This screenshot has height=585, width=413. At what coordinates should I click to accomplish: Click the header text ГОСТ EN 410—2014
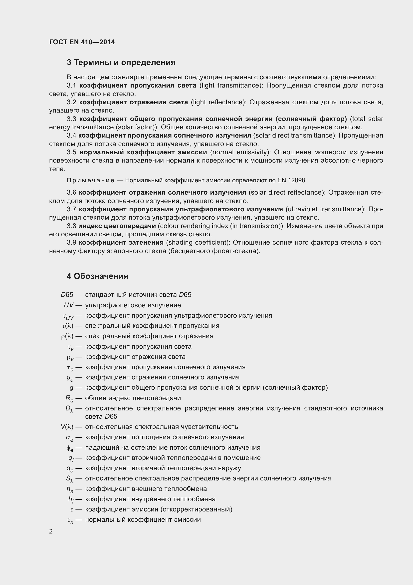[x=82, y=42]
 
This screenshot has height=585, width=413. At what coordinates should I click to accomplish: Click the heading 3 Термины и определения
[x=121, y=63]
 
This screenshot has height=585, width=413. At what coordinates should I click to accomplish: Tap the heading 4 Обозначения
[x=97, y=276]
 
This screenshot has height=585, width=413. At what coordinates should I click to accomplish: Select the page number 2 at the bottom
[x=51, y=531]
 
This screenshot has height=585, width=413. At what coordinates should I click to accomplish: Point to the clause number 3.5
[x=71, y=152]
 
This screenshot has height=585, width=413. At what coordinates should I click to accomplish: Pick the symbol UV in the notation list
[x=69, y=305]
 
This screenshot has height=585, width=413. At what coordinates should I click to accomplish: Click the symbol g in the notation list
[x=71, y=388]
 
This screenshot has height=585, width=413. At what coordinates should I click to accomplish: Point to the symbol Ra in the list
[x=69, y=398]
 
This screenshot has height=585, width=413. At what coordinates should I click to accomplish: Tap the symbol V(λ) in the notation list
[x=67, y=427]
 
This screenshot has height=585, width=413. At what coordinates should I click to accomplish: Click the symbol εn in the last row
[x=70, y=520]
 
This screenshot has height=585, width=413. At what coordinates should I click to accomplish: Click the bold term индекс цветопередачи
[x=117, y=226]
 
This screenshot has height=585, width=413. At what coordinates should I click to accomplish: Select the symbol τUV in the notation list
[x=68, y=316]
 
